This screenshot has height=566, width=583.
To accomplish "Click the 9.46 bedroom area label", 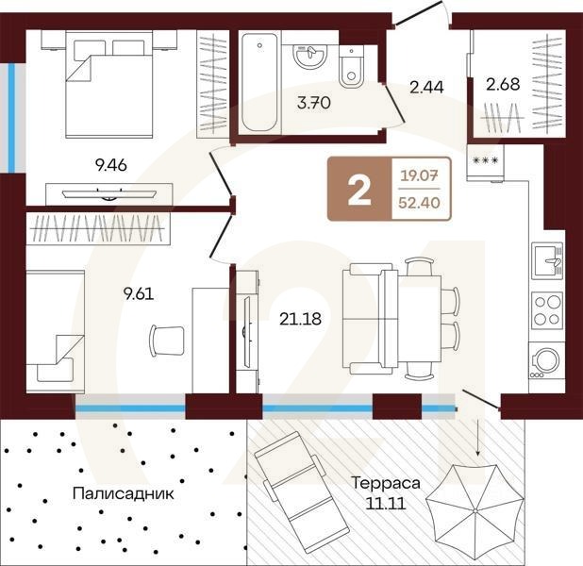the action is tap(110, 165).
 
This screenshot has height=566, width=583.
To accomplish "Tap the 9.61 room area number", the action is tap(139, 294).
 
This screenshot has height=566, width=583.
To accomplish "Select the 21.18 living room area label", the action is tap(300, 319).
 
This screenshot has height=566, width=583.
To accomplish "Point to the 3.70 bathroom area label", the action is tap(314, 102).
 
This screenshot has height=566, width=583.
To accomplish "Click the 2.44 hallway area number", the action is tap(426, 88).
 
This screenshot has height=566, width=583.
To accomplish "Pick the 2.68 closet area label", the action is tap(503, 84).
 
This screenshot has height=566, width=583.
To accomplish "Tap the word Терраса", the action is tap(386, 483).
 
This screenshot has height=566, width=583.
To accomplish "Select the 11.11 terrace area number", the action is tap(385, 504).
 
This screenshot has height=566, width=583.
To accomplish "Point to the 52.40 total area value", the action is tap(419, 203).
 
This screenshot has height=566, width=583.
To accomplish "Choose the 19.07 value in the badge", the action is tap(419, 175).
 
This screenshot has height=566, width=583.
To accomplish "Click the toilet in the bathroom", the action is tap(352, 67).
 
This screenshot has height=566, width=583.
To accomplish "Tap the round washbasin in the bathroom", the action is tap(309, 56).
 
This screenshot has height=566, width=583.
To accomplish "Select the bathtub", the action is tap(259, 82).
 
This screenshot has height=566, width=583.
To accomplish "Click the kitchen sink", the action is tap(547, 260).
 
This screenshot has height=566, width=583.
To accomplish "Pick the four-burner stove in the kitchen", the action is tap(547, 310).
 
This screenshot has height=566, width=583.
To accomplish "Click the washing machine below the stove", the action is tap(546, 361).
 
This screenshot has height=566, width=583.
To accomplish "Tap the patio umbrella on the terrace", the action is tap(475, 510).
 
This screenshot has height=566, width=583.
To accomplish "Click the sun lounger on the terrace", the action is tap(301, 492).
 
